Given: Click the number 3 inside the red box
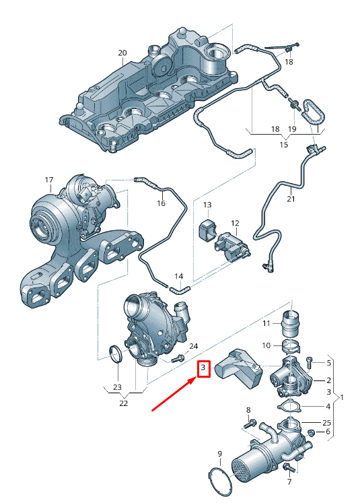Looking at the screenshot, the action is pyautogui.click(x=203, y=367).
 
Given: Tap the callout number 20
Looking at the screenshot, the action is pyautogui.click(x=122, y=53).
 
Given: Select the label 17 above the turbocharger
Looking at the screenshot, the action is pyautogui.click(x=49, y=180).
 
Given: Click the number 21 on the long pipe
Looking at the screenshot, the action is pyautogui.click(x=291, y=199).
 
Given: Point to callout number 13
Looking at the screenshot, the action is pyautogui.click(x=207, y=205).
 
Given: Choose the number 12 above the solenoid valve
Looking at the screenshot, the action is pyautogui.click(x=235, y=224).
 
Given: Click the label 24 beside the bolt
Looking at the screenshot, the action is pyautogui.click(x=193, y=346).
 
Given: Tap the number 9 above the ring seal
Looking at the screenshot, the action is pyautogui.click(x=219, y=454).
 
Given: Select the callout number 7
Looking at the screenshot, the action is pyautogui.click(x=289, y=481).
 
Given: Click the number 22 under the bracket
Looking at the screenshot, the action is pyautogui.click(x=123, y=403).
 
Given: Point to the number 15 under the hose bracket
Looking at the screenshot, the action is pyautogui.click(x=284, y=144).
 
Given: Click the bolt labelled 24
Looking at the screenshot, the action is pyautogui.click(x=177, y=358).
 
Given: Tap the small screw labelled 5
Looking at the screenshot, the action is pyautogui.click(x=310, y=362).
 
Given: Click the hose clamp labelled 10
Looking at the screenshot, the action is pyautogui.click(x=291, y=346).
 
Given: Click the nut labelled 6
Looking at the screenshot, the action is pyautogui.click(x=310, y=433).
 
